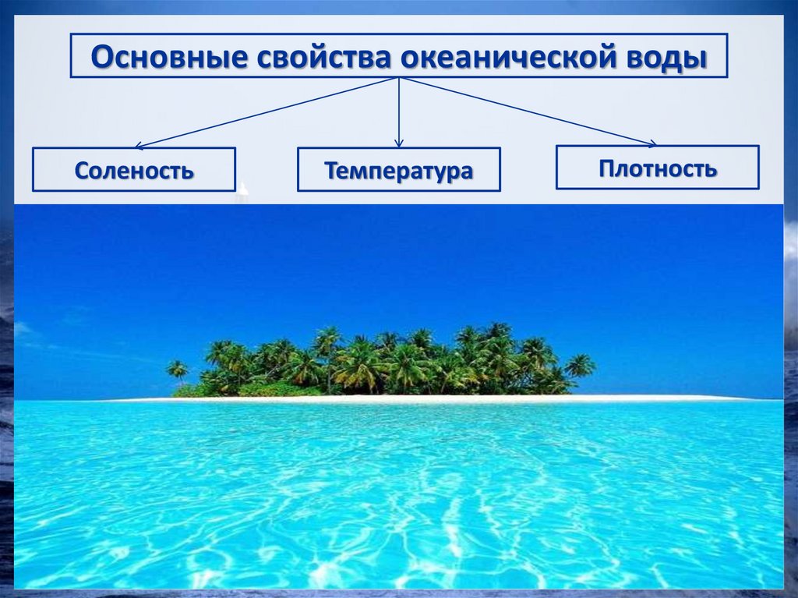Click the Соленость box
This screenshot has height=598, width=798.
click(133, 170)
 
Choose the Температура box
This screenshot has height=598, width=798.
click(398, 170)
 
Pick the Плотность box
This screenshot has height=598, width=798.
click(657, 168)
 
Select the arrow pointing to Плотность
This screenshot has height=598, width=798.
click(530, 111)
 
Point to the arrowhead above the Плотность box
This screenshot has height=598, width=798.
click(651, 143)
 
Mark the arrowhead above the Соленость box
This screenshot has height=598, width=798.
click(139, 145)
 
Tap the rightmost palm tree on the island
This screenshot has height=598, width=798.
click(580, 365)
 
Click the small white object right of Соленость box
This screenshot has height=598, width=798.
click(242, 189)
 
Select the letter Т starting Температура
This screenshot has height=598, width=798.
click(330, 171)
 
